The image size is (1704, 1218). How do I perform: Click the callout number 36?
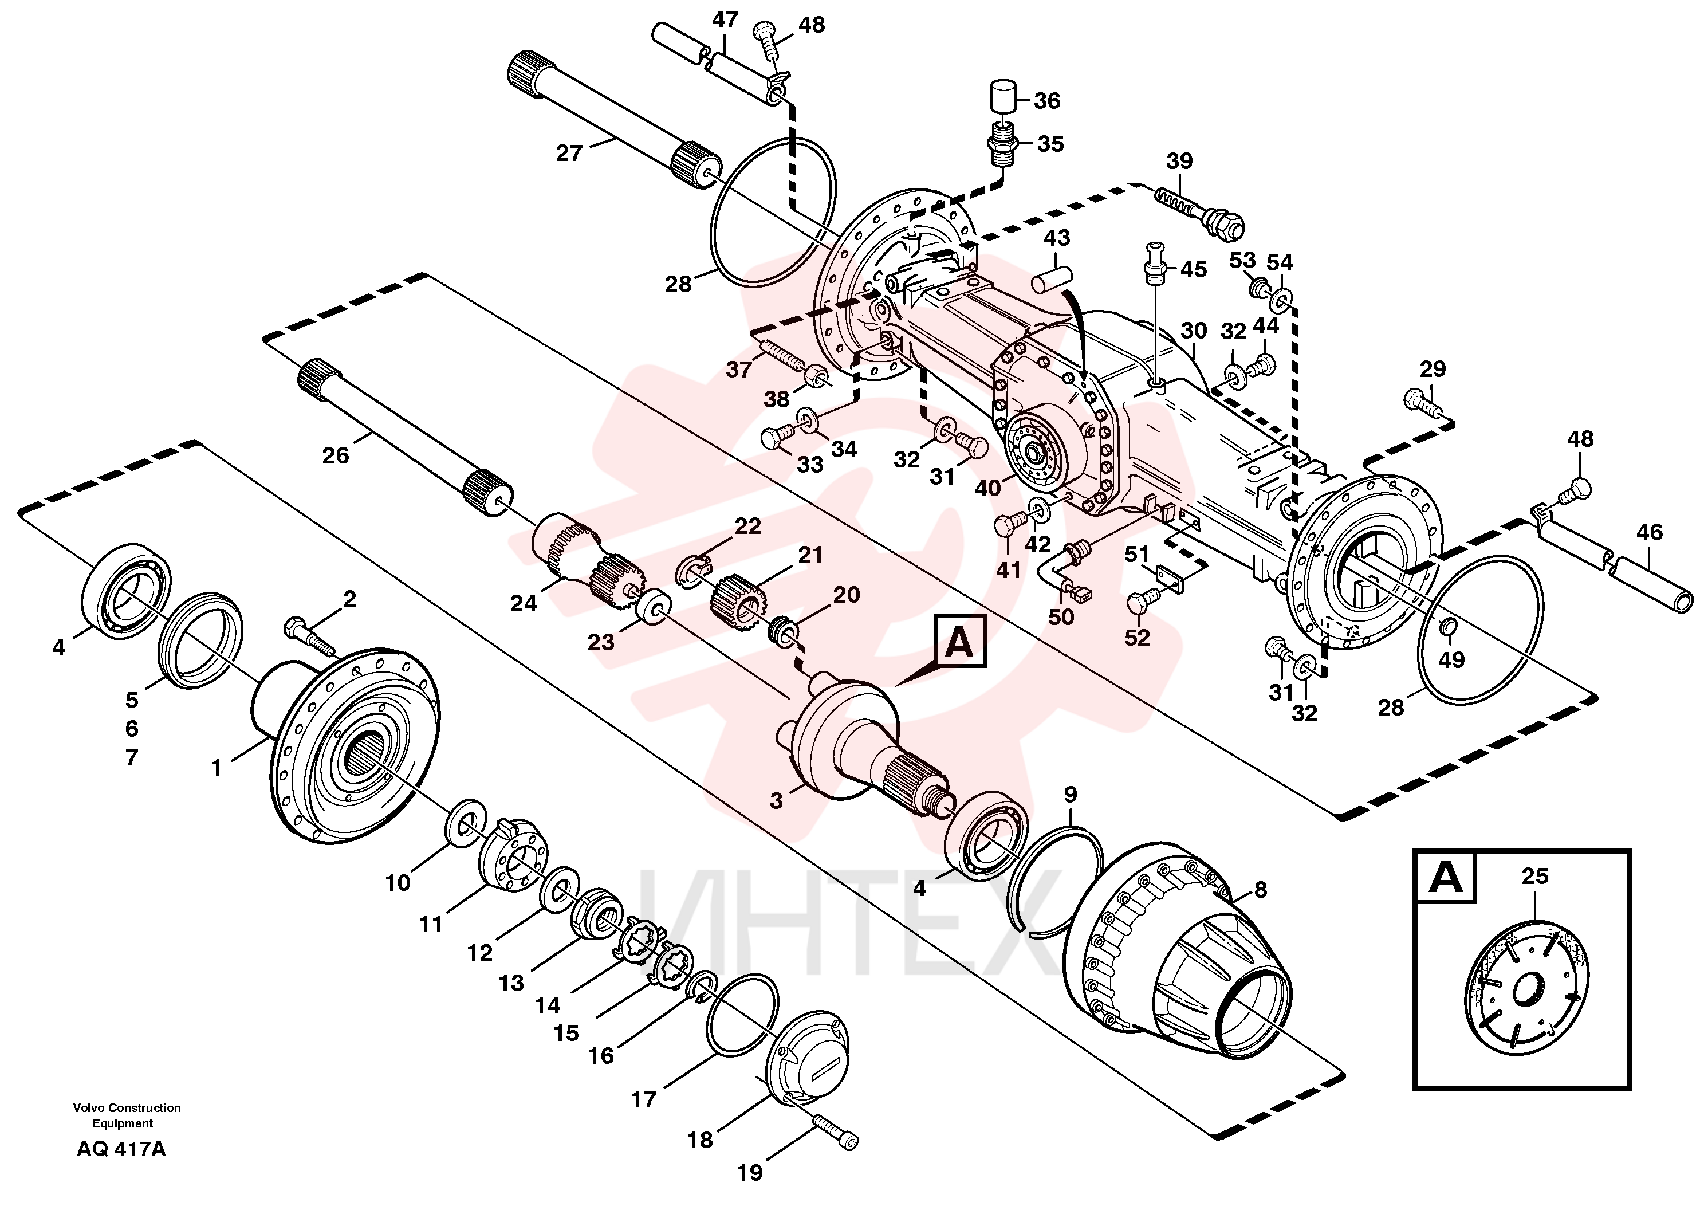tap(1047, 100)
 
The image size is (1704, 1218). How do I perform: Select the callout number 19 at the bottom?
tap(750, 1172)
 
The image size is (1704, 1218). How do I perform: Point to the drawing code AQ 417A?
tap(121, 1149)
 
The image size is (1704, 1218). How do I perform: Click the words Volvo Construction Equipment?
tap(127, 1115)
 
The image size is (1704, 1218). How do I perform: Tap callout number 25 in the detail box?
tap(1534, 875)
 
